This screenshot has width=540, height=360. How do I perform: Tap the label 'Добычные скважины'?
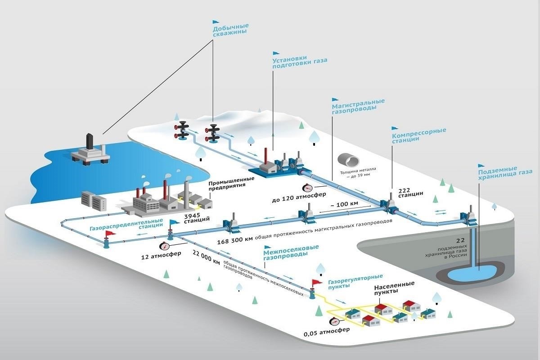(230, 29)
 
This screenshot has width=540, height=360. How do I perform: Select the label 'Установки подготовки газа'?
(300, 62)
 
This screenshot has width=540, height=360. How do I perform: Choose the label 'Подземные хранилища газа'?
(505, 175)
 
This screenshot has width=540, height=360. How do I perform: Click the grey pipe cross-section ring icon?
(348, 159)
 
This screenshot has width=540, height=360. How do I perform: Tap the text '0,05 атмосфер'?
(320, 334)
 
